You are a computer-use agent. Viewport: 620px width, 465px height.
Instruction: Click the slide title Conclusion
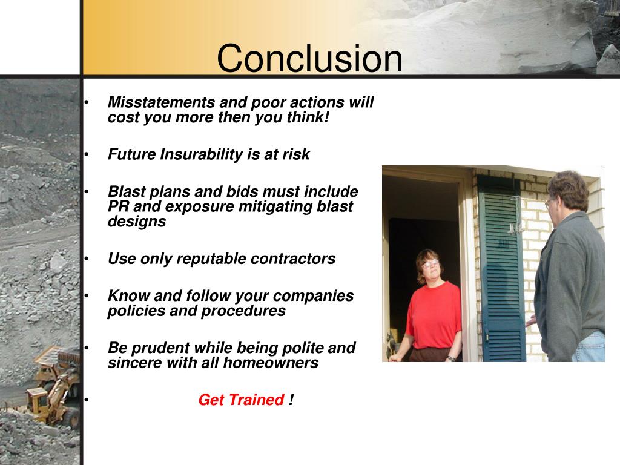(309, 59)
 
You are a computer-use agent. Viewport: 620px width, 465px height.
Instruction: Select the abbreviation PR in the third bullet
(117, 206)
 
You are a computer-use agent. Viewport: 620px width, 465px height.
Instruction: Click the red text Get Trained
(241, 400)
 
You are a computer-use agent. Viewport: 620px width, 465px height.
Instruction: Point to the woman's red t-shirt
(433, 315)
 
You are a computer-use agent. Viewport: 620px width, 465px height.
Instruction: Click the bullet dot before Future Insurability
(87, 155)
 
